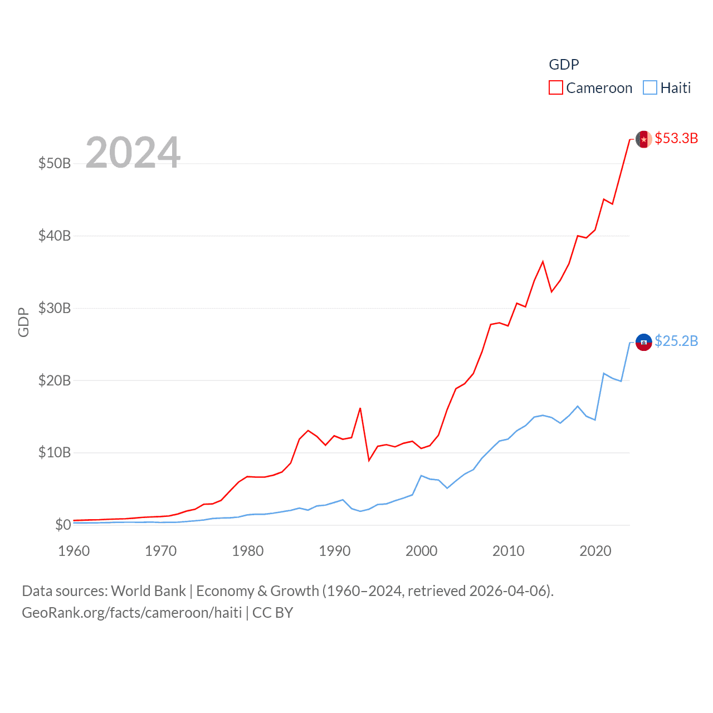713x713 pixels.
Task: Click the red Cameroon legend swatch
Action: [x=555, y=88]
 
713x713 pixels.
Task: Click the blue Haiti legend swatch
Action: [x=649, y=88]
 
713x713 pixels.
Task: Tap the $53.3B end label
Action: [x=676, y=138]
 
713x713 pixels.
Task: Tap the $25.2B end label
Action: [x=676, y=341]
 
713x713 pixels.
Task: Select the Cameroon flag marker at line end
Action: [x=644, y=139]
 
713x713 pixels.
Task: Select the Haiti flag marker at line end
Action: [x=644, y=342]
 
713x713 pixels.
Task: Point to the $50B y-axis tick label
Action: [x=55, y=163]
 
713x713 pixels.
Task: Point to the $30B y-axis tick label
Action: [x=55, y=308]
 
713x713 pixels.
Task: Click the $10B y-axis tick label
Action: [x=55, y=452]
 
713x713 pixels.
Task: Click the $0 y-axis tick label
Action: [x=63, y=525]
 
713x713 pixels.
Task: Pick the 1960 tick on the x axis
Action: [x=74, y=551]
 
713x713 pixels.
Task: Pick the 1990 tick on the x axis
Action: [x=335, y=551]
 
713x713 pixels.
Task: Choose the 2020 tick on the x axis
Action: [x=595, y=551]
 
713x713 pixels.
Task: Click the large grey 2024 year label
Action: [x=133, y=152]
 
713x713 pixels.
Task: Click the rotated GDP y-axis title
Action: [x=23, y=322]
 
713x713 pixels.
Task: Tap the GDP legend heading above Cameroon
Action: [x=564, y=65]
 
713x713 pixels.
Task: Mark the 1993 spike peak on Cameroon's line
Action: [x=360, y=408]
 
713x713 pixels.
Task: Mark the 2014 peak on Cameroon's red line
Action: [x=543, y=261]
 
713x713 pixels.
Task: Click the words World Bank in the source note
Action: [x=148, y=591]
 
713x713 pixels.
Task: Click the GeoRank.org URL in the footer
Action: [x=132, y=613]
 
